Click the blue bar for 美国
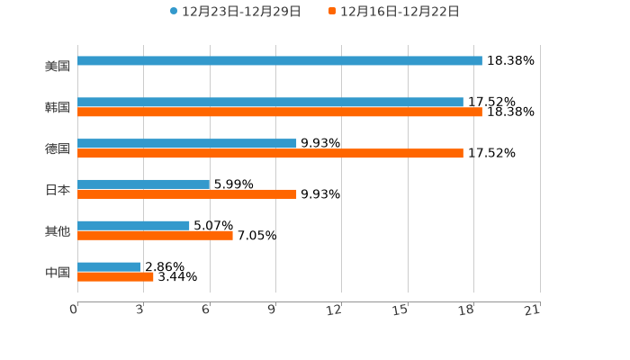[280, 61]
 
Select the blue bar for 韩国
[270, 103]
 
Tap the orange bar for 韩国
[280, 112]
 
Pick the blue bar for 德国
[187, 144]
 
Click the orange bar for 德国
[270, 154]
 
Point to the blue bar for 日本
[144, 184]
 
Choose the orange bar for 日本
[187, 194]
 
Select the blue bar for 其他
[133, 225]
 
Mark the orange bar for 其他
[155, 236]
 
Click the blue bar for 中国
[109, 266]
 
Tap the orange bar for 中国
[115, 277]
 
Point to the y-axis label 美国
[58, 67]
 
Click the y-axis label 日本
[58, 190]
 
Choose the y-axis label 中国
[58, 272]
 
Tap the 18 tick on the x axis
[466, 310]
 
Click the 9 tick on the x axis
[271, 310]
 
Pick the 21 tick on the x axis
[532, 310]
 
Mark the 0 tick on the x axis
[74, 310]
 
